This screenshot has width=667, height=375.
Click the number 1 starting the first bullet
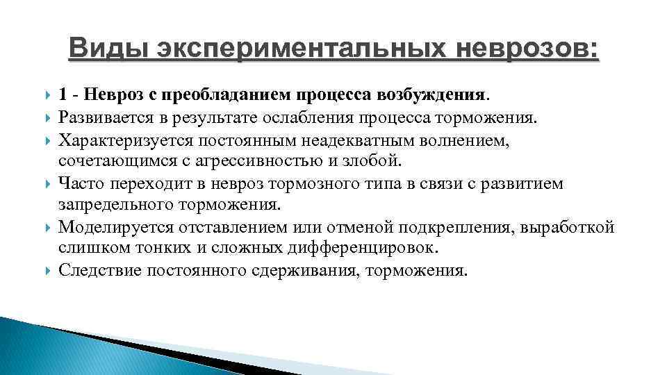63,94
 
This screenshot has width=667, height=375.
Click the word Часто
80,185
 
